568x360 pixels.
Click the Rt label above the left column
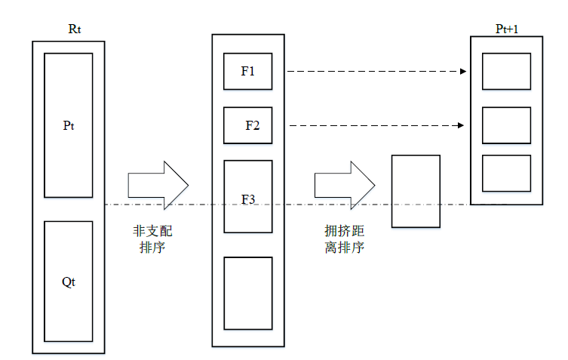point(74,30)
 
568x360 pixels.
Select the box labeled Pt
point(69,125)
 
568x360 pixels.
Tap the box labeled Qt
point(69,281)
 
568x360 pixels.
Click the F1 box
point(247,72)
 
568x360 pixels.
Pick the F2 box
point(247,125)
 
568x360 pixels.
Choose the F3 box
point(247,196)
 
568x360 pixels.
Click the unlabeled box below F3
point(247,292)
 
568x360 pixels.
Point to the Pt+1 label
point(506,29)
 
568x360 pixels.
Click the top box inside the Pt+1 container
point(506,72)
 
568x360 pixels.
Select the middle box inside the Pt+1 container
point(506,125)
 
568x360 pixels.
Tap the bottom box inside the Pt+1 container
point(506,173)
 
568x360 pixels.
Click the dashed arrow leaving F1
point(373,72)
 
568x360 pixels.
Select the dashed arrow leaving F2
point(373,125)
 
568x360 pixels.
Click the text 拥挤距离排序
point(344,238)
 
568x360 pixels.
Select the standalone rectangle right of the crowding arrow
point(415,191)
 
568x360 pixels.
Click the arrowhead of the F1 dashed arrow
point(464,72)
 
